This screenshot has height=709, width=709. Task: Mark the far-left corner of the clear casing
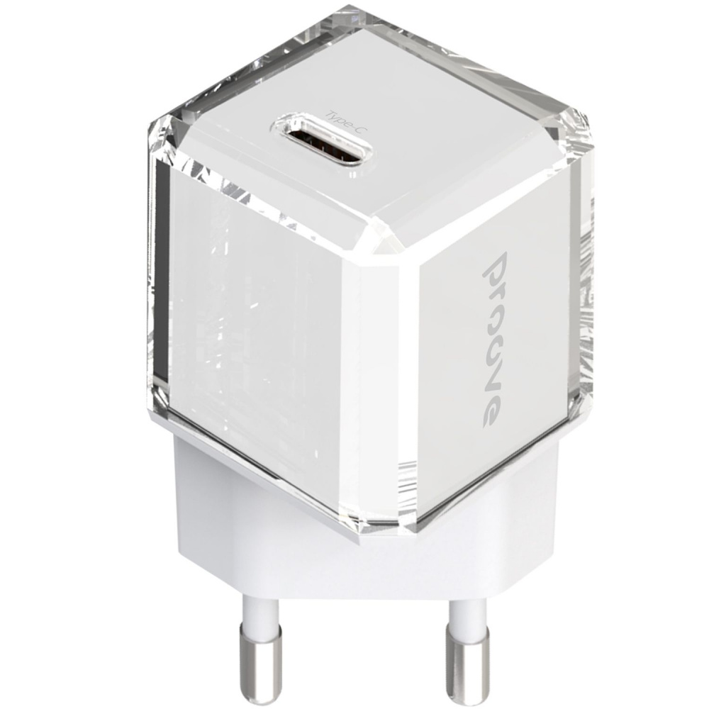[151, 128]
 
